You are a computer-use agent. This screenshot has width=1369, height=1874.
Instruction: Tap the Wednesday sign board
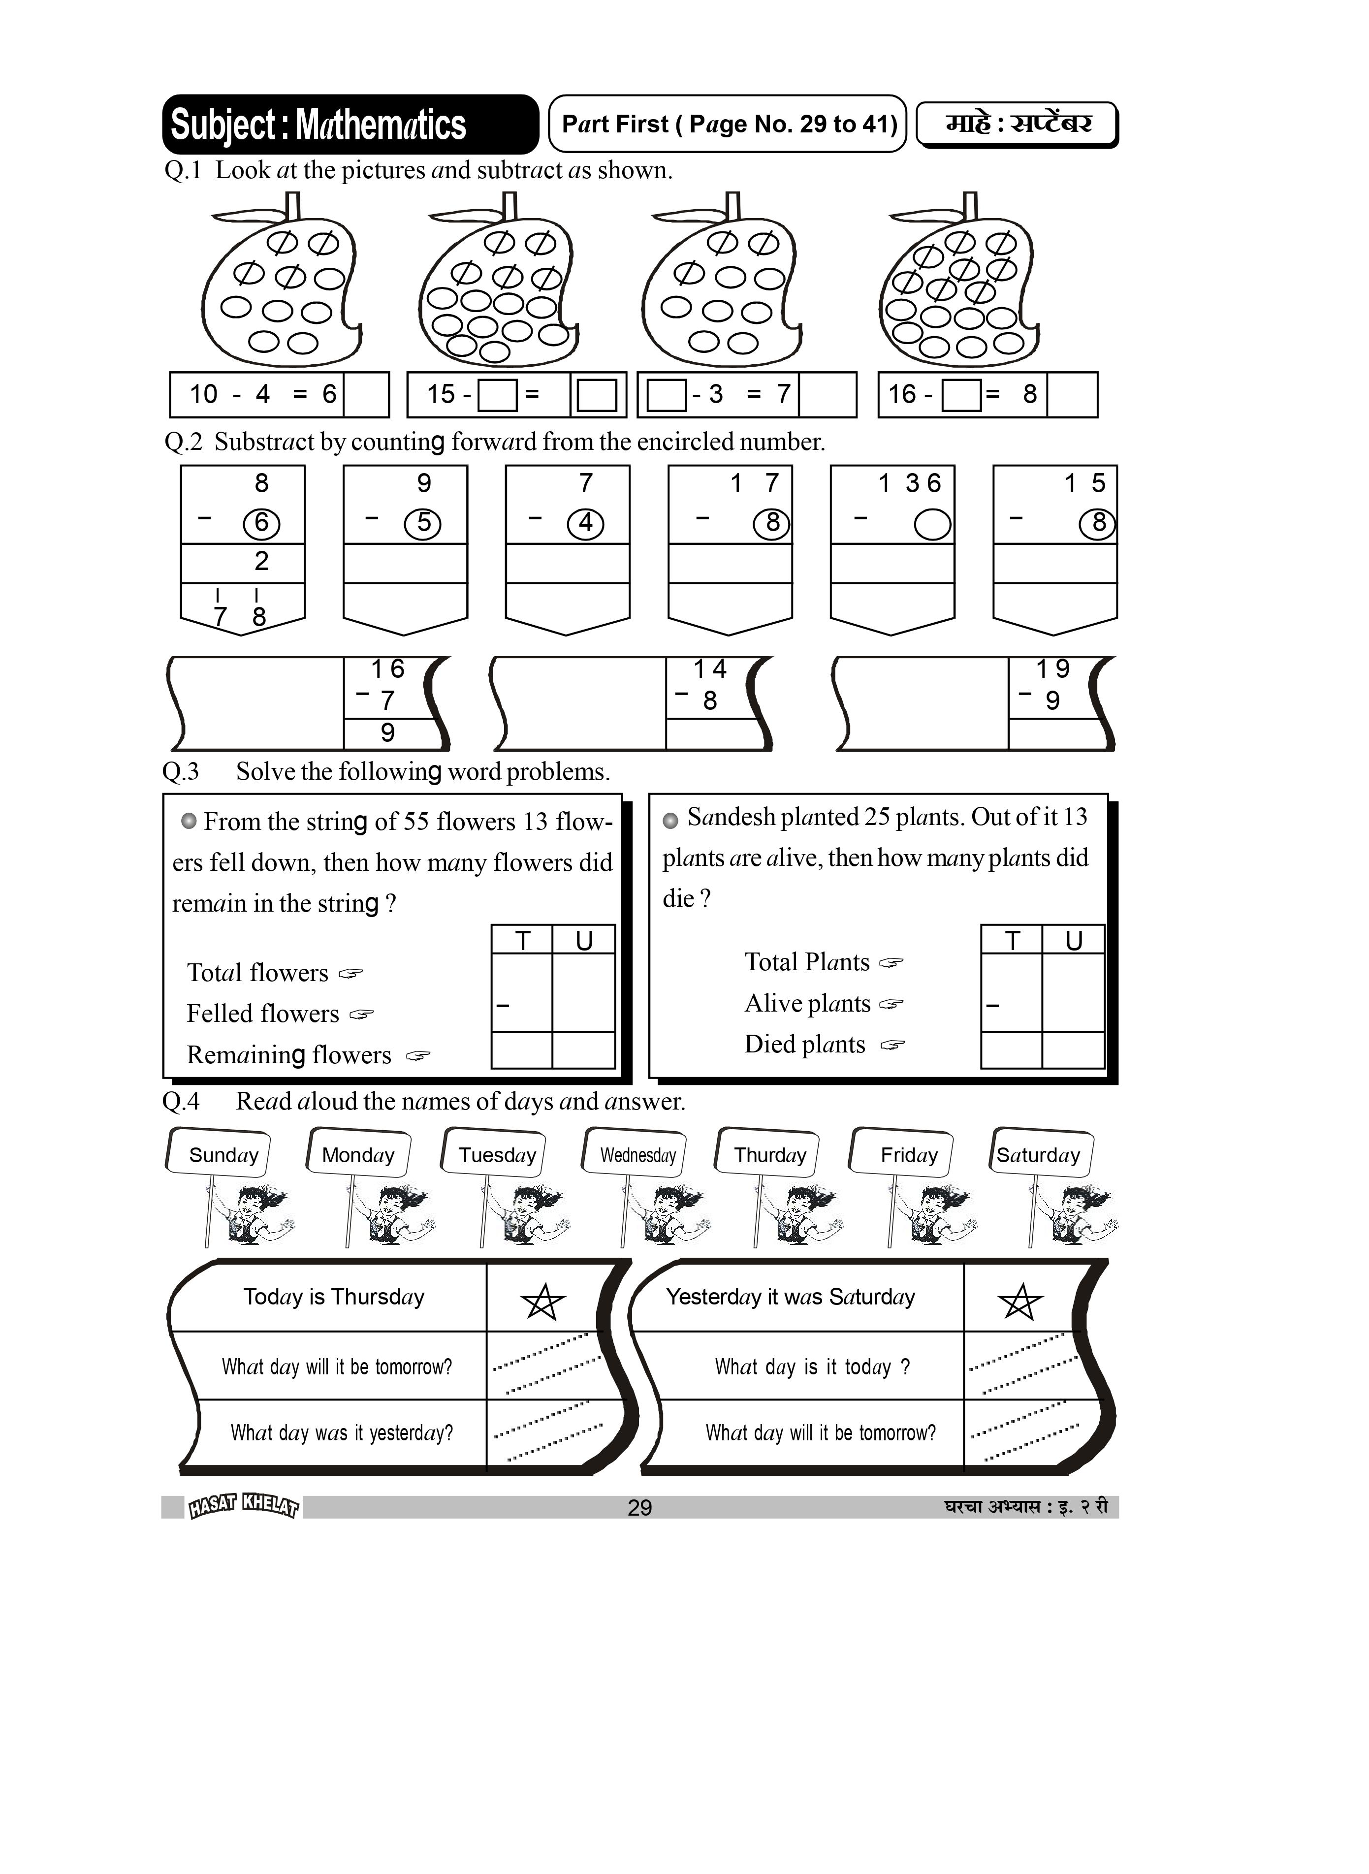[x=637, y=1154]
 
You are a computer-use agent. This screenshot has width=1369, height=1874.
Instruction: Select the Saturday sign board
[x=1039, y=1154]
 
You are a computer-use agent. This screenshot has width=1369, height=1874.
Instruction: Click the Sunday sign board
[x=221, y=1154]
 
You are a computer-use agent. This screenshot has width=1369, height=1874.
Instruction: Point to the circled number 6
[x=261, y=523]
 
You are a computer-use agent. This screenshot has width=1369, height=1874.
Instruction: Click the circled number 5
[x=423, y=523]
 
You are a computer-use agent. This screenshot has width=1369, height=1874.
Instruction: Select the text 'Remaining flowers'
[x=288, y=1054]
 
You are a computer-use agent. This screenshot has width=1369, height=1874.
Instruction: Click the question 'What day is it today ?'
[x=812, y=1367]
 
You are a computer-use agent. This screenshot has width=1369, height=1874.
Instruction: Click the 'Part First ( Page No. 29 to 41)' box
[x=729, y=124]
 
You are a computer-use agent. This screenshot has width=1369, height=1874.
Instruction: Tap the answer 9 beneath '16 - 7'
[x=387, y=732]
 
